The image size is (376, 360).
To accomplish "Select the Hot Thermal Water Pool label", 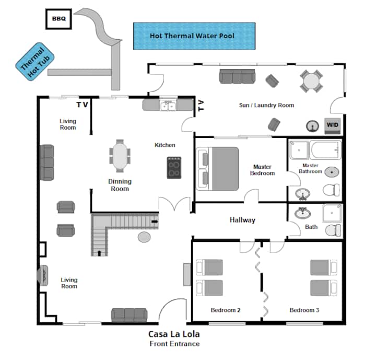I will click(x=192, y=36).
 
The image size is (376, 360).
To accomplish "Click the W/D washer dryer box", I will click(x=332, y=125).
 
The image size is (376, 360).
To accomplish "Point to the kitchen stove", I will click(x=174, y=168).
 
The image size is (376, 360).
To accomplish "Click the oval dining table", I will click(x=120, y=156).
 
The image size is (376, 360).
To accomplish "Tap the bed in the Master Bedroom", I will click(x=217, y=168).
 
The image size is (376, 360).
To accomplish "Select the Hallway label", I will click(x=242, y=220).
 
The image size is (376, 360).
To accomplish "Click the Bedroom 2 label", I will click(x=225, y=310).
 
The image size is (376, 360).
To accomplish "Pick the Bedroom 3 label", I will click(x=304, y=310).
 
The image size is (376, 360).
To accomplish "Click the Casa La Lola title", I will click(x=174, y=334).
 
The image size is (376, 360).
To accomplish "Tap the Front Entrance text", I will click(x=174, y=344).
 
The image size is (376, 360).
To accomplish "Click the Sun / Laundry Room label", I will click(x=266, y=105).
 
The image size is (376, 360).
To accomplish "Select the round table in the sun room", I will click(x=311, y=81).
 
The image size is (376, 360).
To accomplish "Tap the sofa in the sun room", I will click(x=237, y=77).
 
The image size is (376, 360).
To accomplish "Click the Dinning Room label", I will click(x=120, y=185).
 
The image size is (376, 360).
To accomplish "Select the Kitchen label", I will click(x=164, y=145).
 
